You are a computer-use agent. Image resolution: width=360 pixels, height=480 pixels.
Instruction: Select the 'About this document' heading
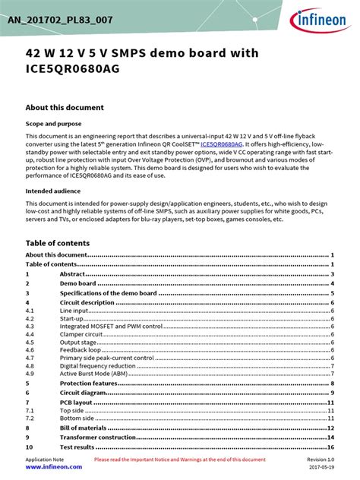(x=65, y=107)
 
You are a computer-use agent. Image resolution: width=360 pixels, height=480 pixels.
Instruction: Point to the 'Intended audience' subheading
(x=55, y=191)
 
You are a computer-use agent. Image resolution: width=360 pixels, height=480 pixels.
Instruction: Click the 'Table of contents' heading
(x=58, y=243)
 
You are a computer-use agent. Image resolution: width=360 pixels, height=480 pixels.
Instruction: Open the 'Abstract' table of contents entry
(x=73, y=273)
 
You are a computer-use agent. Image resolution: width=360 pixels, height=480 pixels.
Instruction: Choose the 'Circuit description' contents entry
(x=87, y=302)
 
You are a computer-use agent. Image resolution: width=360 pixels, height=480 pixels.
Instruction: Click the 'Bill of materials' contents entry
(x=84, y=428)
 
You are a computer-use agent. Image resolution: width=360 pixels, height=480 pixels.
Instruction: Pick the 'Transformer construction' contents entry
(x=98, y=437)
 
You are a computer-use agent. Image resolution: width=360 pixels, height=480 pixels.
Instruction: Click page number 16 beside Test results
(x=331, y=447)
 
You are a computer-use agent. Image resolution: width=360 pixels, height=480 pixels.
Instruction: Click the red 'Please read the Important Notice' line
(x=180, y=460)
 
